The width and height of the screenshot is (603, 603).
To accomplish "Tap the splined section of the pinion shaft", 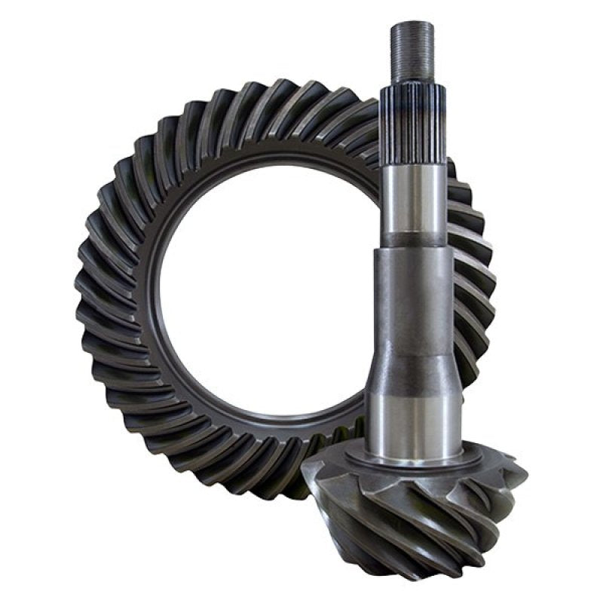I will [x=412, y=113].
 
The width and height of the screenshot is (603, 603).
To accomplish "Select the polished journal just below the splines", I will [x=413, y=192].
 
